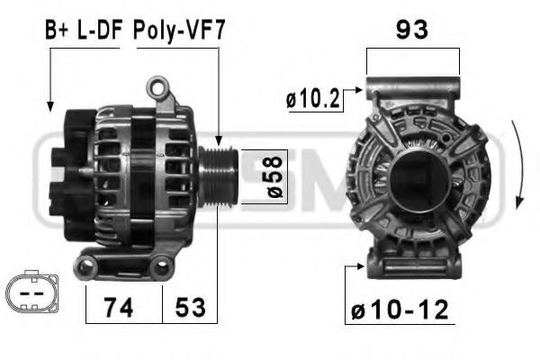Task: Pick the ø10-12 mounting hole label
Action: pos(399,310)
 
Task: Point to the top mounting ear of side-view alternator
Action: pos(160,87)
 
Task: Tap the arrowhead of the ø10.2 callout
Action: pos(360,89)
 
